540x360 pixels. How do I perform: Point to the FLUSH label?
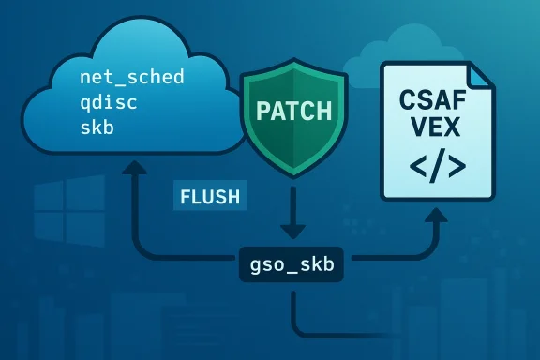[208, 197]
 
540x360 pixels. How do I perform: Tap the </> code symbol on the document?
[436, 166]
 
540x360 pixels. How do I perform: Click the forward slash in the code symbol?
[436, 166]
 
